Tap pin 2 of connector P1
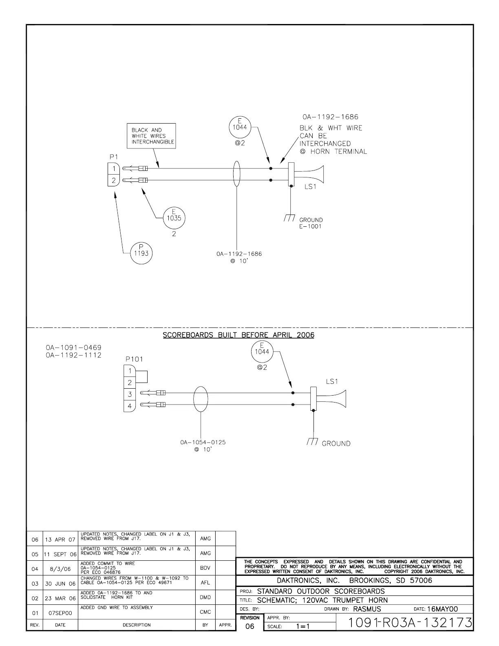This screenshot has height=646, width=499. (x=114, y=180)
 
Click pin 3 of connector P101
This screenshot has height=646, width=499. (x=130, y=394)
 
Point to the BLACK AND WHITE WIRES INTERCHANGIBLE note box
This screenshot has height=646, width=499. (x=151, y=136)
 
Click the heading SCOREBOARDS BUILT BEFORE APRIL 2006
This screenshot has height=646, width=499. (x=238, y=335)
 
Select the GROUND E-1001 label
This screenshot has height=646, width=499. (x=311, y=223)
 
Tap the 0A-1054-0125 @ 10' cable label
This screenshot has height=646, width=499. (x=203, y=445)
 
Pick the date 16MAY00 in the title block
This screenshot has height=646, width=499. (x=442, y=609)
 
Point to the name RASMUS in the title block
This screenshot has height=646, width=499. (x=367, y=609)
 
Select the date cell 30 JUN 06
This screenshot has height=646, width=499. (x=60, y=584)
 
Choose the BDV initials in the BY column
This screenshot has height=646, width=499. (x=205, y=568)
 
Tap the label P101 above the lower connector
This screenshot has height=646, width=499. (x=134, y=359)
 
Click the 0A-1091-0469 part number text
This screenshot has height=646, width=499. (x=73, y=347)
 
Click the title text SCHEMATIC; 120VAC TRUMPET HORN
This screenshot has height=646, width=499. (x=322, y=600)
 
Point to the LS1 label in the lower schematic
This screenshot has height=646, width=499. (x=332, y=381)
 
